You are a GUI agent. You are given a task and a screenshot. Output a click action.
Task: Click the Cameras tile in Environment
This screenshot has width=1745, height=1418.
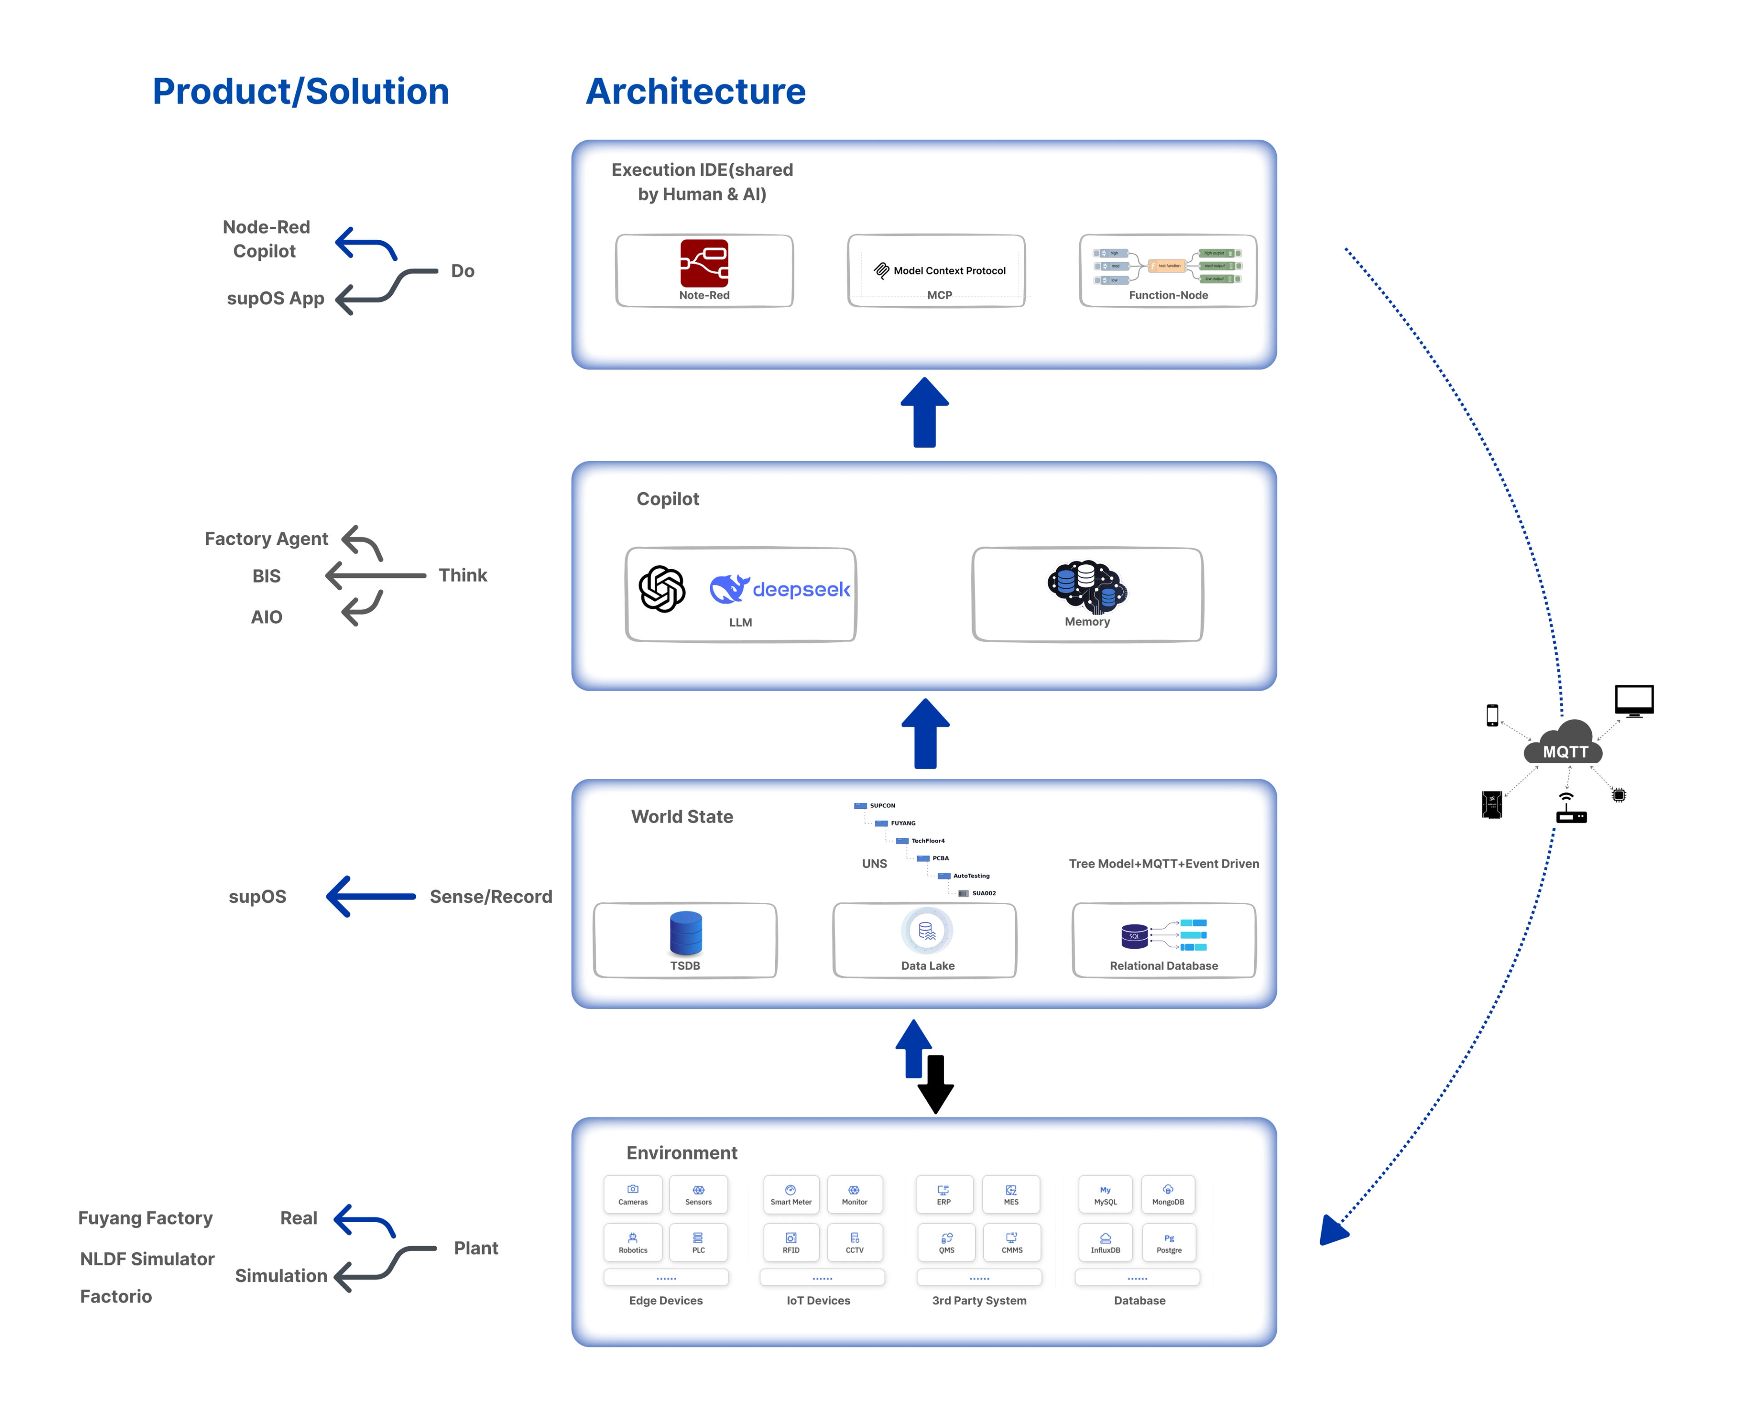[632, 1194]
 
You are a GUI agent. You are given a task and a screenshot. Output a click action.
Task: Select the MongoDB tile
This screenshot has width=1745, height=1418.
[1167, 1194]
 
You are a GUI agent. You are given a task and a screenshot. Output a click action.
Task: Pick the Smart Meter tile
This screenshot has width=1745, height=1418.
[790, 1194]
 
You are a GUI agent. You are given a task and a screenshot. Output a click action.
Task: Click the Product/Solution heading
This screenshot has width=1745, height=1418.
[301, 91]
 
